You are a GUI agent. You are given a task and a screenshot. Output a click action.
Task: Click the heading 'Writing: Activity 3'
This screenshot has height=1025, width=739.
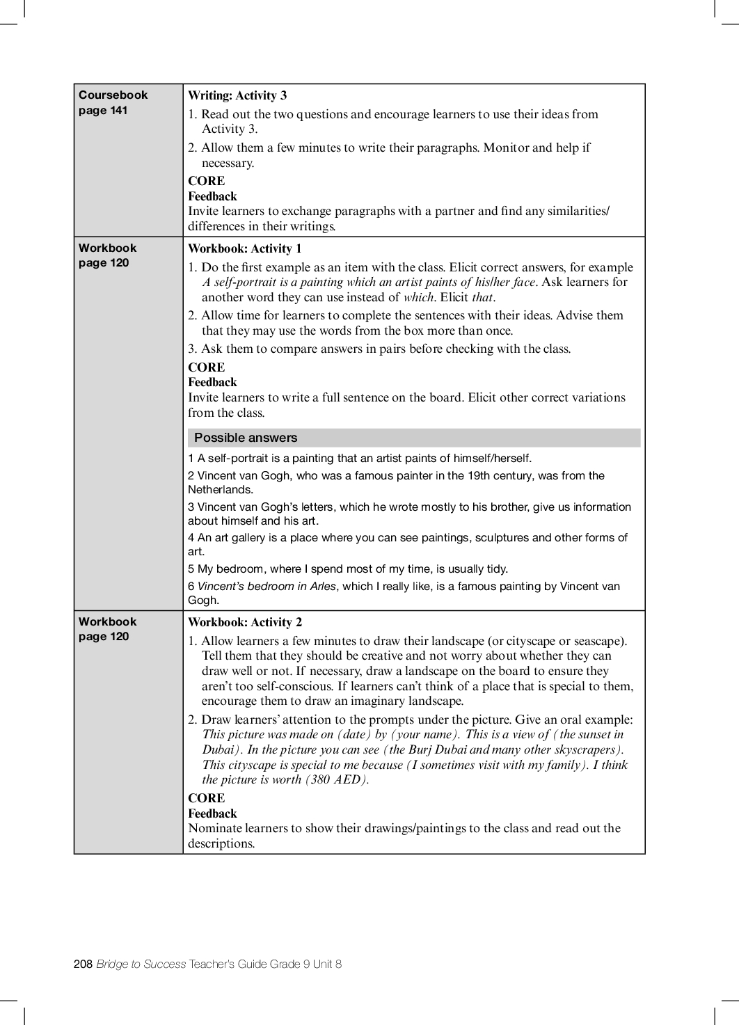[x=237, y=96]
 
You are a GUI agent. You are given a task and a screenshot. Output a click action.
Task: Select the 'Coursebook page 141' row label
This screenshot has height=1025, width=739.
[x=113, y=102]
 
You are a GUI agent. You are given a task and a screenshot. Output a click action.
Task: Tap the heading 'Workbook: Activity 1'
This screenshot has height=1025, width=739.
[x=245, y=248]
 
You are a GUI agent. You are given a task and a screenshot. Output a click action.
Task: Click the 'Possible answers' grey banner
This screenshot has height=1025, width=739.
[x=246, y=438]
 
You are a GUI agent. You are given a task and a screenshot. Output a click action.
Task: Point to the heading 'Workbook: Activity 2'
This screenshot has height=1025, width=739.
[x=245, y=622]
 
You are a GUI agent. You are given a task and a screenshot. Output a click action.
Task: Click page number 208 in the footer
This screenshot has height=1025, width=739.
[x=83, y=964]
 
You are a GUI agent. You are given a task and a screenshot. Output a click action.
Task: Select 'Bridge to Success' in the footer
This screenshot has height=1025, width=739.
[x=141, y=964]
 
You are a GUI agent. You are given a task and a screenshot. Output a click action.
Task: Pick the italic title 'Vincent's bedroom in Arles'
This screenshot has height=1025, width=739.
[x=267, y=586]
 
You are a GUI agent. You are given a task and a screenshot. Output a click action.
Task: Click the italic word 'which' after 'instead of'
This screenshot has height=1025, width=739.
[x=418, y=297]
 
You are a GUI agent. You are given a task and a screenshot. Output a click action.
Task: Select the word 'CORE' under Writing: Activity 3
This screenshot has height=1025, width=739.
[x=207, y=181]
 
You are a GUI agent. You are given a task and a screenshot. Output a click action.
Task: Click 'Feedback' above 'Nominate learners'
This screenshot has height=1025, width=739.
[x=212, y=813]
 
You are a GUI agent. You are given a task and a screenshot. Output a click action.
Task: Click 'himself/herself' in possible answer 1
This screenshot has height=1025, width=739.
[x=492, y=459]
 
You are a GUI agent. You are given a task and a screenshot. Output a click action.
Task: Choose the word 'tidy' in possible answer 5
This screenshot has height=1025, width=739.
[x=497, y=569]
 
